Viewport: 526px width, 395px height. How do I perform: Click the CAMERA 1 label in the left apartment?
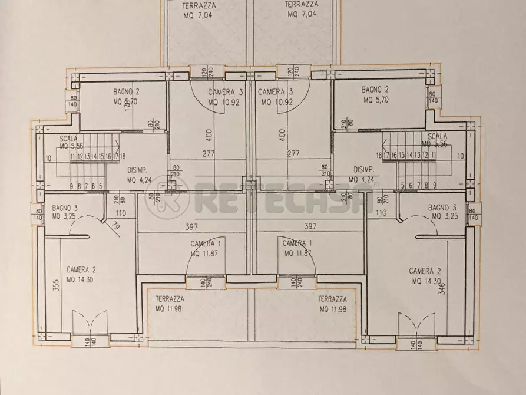click(x=206, y=244)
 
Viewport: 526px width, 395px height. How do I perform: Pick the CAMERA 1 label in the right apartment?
click(x=297, y=244)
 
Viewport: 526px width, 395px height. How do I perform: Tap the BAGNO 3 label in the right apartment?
click(x=442, y=207)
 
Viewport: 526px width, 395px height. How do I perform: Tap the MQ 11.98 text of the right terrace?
click(x=333, y=310)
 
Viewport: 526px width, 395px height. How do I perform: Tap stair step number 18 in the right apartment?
click(x=386, y=156)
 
